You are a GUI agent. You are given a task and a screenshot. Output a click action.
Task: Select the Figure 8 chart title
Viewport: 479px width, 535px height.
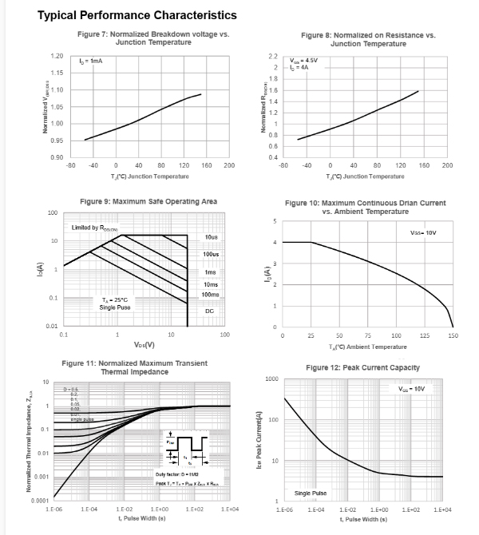tap(368, 39)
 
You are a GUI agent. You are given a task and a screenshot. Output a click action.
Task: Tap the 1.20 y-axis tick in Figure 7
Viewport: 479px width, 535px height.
tap(57, 56)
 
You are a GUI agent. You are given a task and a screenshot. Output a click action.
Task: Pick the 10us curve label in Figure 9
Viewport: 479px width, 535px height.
tap(212, 238)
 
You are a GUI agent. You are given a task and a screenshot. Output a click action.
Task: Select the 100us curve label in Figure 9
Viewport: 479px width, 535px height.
tap(211, 254)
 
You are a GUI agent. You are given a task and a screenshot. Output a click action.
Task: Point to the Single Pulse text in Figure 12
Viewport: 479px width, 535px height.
tap(311, 493)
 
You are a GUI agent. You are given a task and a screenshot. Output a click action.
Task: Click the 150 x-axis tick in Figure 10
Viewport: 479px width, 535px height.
tap(453, 336)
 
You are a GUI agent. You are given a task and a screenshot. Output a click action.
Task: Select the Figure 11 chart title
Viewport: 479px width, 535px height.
tap(134, 367)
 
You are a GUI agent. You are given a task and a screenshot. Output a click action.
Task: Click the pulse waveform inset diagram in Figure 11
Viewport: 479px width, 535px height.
tap(184, 447)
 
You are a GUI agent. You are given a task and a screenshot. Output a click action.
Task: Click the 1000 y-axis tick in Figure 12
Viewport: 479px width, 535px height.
tap(272, 378)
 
